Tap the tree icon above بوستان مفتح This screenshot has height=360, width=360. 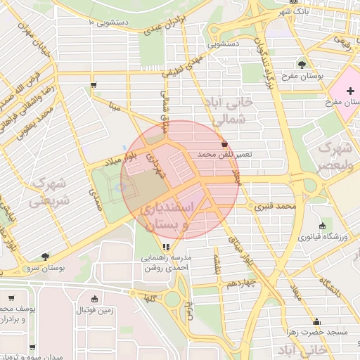tap(302, 64)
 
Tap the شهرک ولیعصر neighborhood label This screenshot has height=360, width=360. tap(335, 157)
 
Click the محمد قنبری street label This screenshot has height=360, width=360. tap(274, 207)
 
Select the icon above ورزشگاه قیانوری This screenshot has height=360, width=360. tap(323, 226)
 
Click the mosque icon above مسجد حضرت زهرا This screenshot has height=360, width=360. tap(310, 321)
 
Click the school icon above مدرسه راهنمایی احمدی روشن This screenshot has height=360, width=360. tap(167, 247)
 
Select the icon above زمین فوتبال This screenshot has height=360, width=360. tap(78, 298)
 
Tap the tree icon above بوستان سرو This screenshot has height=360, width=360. tap(46, 257)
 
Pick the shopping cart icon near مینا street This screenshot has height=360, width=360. tap(94, 85)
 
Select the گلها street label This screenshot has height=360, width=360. tap(149, 298)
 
